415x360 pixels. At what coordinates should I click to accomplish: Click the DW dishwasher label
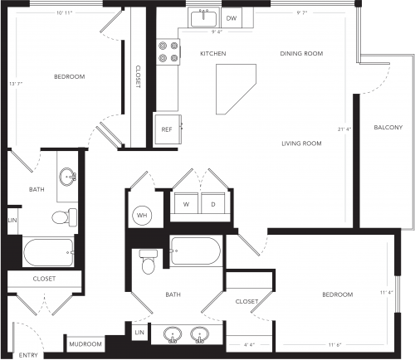point(232,18)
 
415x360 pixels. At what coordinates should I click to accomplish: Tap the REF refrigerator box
point(168,129)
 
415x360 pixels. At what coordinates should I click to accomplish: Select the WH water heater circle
point(142,216)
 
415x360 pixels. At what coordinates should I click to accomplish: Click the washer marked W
point(186,203)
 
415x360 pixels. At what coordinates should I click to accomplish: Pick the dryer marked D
point(213,203)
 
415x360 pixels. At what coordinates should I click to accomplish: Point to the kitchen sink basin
point(203,18)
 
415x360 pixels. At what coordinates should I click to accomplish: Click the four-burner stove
point(168,51)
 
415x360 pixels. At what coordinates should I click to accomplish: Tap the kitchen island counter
point(236,89)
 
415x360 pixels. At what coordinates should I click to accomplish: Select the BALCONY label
point(388,128)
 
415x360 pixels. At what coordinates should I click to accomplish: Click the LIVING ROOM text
point(301,144)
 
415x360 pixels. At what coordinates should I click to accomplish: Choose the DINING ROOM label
point(301,54)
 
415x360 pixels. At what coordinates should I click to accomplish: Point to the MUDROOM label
point(85,344)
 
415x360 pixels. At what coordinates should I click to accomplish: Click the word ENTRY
point(28,355)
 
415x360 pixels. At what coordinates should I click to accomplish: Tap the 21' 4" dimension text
point(344,129)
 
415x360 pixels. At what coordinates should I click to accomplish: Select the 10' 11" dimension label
point(65,12)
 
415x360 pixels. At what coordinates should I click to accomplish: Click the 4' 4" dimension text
point(249,345)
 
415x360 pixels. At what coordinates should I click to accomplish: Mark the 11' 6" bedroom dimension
point(335,345)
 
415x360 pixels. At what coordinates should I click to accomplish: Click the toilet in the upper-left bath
point(65,217)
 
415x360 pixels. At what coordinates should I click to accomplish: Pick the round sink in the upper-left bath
point(67,177)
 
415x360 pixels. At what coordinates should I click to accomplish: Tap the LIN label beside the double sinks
point(139,333)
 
